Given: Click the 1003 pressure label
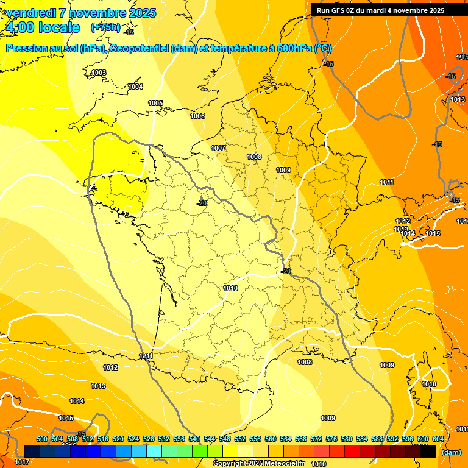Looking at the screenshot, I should coord(99,73).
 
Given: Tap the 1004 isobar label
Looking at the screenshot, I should coord(135,87).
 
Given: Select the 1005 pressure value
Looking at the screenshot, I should coord(155,103).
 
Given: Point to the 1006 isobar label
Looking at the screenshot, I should coord(197,116).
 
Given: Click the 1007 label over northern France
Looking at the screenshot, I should coord(218,148).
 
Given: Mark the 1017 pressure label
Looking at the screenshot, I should coord(21,463).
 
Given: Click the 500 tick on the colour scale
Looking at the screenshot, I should coord(42,439).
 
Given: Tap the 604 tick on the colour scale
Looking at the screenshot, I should coord(438,439).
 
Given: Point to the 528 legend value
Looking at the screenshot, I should coord(149,439).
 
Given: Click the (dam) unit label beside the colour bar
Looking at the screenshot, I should coord(451,452).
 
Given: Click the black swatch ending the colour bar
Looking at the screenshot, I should coord(428,452).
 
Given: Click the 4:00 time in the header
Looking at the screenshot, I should coord(20,27).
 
